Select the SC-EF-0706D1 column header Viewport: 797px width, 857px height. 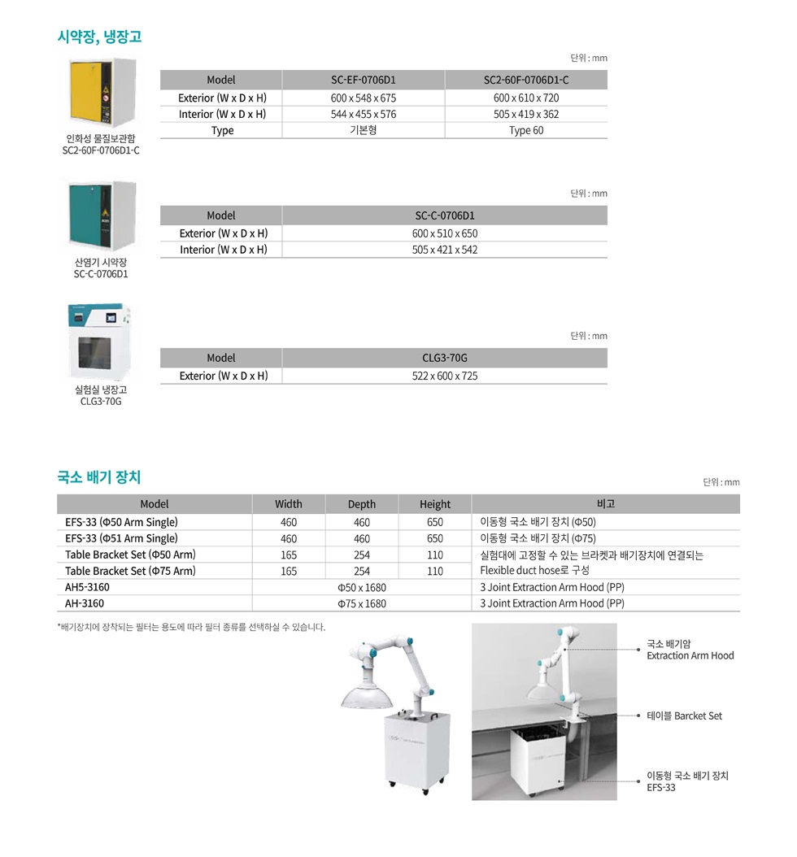click(x=363, y=80)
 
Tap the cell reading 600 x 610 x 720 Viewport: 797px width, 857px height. click(x=525, y=98)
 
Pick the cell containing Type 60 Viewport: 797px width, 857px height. click(x=525, y=130)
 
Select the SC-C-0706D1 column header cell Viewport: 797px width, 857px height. click(x=444, y=215)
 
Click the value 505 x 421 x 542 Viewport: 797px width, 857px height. click(x=444, y=250)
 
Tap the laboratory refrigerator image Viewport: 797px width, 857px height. click(x=99, y=344)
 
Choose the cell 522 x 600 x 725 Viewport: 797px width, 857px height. click(x=444, y=376)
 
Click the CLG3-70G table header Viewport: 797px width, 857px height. click(x=444, y=358)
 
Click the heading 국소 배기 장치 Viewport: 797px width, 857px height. click(x=98, y=476)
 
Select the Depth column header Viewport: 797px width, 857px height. click(x=362, y=504)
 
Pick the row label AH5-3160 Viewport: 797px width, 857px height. click(x=87, y=587)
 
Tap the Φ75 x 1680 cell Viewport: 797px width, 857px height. click(x=362, y=603)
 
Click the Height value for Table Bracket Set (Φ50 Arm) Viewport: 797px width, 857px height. click(x=435, y=555)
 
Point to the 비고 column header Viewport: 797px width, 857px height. click(x=605, y=504)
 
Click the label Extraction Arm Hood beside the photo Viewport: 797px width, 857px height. click(x=690, y=655)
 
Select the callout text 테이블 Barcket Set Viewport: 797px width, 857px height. click(x=684, y=716)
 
